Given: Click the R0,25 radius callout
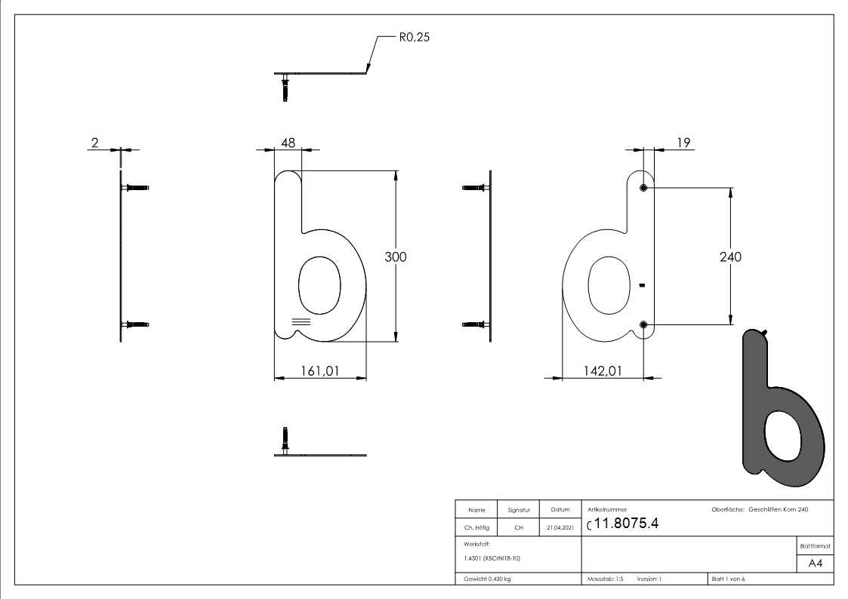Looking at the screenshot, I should click(x=414, y=36).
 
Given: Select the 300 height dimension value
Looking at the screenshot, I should click(x=396, y=256).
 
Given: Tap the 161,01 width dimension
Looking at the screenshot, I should click(x=320, y=371).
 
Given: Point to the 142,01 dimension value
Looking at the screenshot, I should click(x=603, y=371).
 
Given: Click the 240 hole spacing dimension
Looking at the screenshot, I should click(x=730, y=256).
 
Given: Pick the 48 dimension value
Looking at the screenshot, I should click(x=287, y=141).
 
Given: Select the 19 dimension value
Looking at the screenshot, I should click(x=684, y=141).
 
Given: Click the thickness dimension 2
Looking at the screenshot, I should click(x=95, y=141).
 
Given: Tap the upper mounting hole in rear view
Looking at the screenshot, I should click(x=643, y=188).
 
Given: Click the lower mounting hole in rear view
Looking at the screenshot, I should click(x=643, y=324).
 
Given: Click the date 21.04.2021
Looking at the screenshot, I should click(x=560, y=528).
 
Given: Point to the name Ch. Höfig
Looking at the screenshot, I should click(x=476, y=528).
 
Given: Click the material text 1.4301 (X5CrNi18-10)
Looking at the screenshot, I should click(x=492, y=558).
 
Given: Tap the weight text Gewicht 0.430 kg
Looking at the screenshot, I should click(x=487, y=579).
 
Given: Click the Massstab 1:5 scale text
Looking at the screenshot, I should click(x=606, y=579).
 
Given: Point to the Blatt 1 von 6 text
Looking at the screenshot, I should click(x=728, y=579).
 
